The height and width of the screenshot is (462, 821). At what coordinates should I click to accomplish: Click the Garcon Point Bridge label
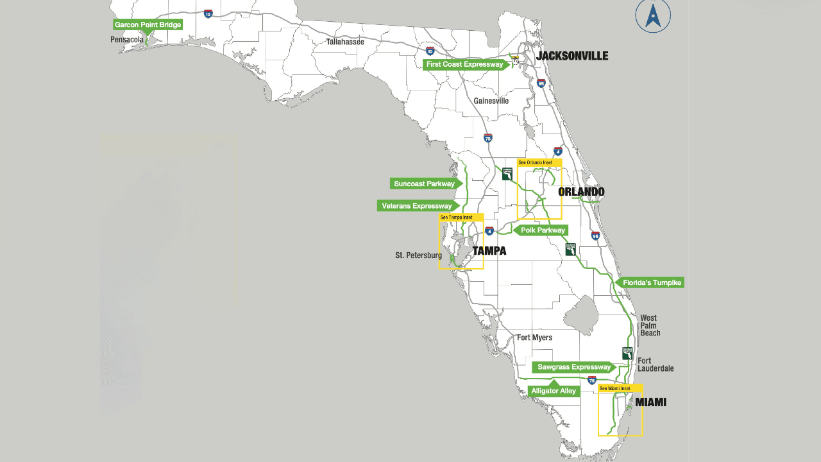tap(148, 25)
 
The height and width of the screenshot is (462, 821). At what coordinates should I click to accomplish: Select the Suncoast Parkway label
tap(424, 184)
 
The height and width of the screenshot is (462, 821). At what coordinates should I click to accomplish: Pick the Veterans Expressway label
tap(417, 206)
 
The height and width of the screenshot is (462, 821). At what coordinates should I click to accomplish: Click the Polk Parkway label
tap(543, 230)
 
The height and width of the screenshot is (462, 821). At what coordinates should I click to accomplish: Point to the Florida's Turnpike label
tap(651, 282)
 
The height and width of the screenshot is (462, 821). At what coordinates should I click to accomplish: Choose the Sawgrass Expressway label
tap(573, 368)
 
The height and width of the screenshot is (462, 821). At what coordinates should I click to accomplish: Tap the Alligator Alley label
tap(554, 391)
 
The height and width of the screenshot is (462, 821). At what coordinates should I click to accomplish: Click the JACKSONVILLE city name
tap(572, 56)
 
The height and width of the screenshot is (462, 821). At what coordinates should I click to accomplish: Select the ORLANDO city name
tap(581, 192)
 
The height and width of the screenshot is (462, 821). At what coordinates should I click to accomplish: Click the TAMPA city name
tap(489, 251)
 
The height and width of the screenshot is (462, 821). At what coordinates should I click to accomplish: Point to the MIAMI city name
tap(650, 402)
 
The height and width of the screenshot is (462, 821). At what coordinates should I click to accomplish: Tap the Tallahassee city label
tap(345, 42)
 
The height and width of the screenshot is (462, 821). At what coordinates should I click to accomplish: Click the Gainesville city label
tap(491, 101)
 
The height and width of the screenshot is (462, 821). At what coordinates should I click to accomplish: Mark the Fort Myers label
tap(534, 338)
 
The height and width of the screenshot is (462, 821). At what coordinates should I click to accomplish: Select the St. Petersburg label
tap(418, 255)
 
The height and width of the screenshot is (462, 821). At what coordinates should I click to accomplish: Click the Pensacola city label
tap(127, 39)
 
